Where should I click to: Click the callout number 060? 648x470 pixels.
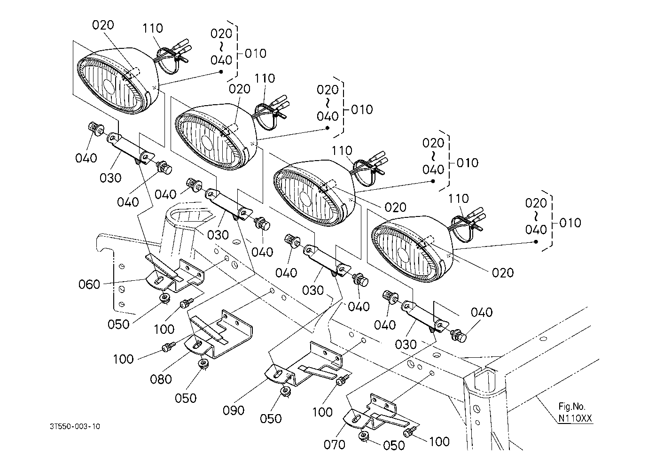coord(89,284)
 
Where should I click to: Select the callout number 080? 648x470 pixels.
coord(161,378)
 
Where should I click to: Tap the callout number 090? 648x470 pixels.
coord(234,410)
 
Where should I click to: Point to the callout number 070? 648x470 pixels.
coord(335,444)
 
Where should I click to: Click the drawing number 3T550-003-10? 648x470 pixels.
coord(75,426)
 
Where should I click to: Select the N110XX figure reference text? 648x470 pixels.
coord(575,418)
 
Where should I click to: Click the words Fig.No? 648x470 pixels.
coord(572,407)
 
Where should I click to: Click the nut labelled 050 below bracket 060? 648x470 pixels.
coord(164,298)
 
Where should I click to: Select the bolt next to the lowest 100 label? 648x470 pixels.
coord(412,430)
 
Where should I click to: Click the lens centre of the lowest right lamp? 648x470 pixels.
coord(403,254)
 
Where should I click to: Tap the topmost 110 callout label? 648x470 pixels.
coord(153,28)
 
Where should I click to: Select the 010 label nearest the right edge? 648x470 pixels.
coord(570,223)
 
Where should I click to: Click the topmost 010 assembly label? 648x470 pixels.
coord(256,53)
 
